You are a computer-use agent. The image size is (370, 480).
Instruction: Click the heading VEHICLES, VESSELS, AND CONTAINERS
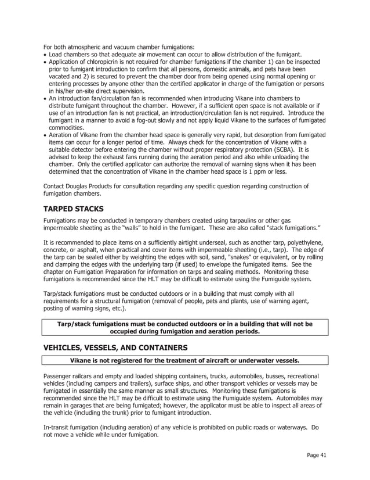click(x=115, y=348)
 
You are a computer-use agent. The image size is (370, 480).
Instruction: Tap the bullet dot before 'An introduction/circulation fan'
click(x=45, y=99)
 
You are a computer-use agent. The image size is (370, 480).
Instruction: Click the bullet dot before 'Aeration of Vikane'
click(x=45, y=135)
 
